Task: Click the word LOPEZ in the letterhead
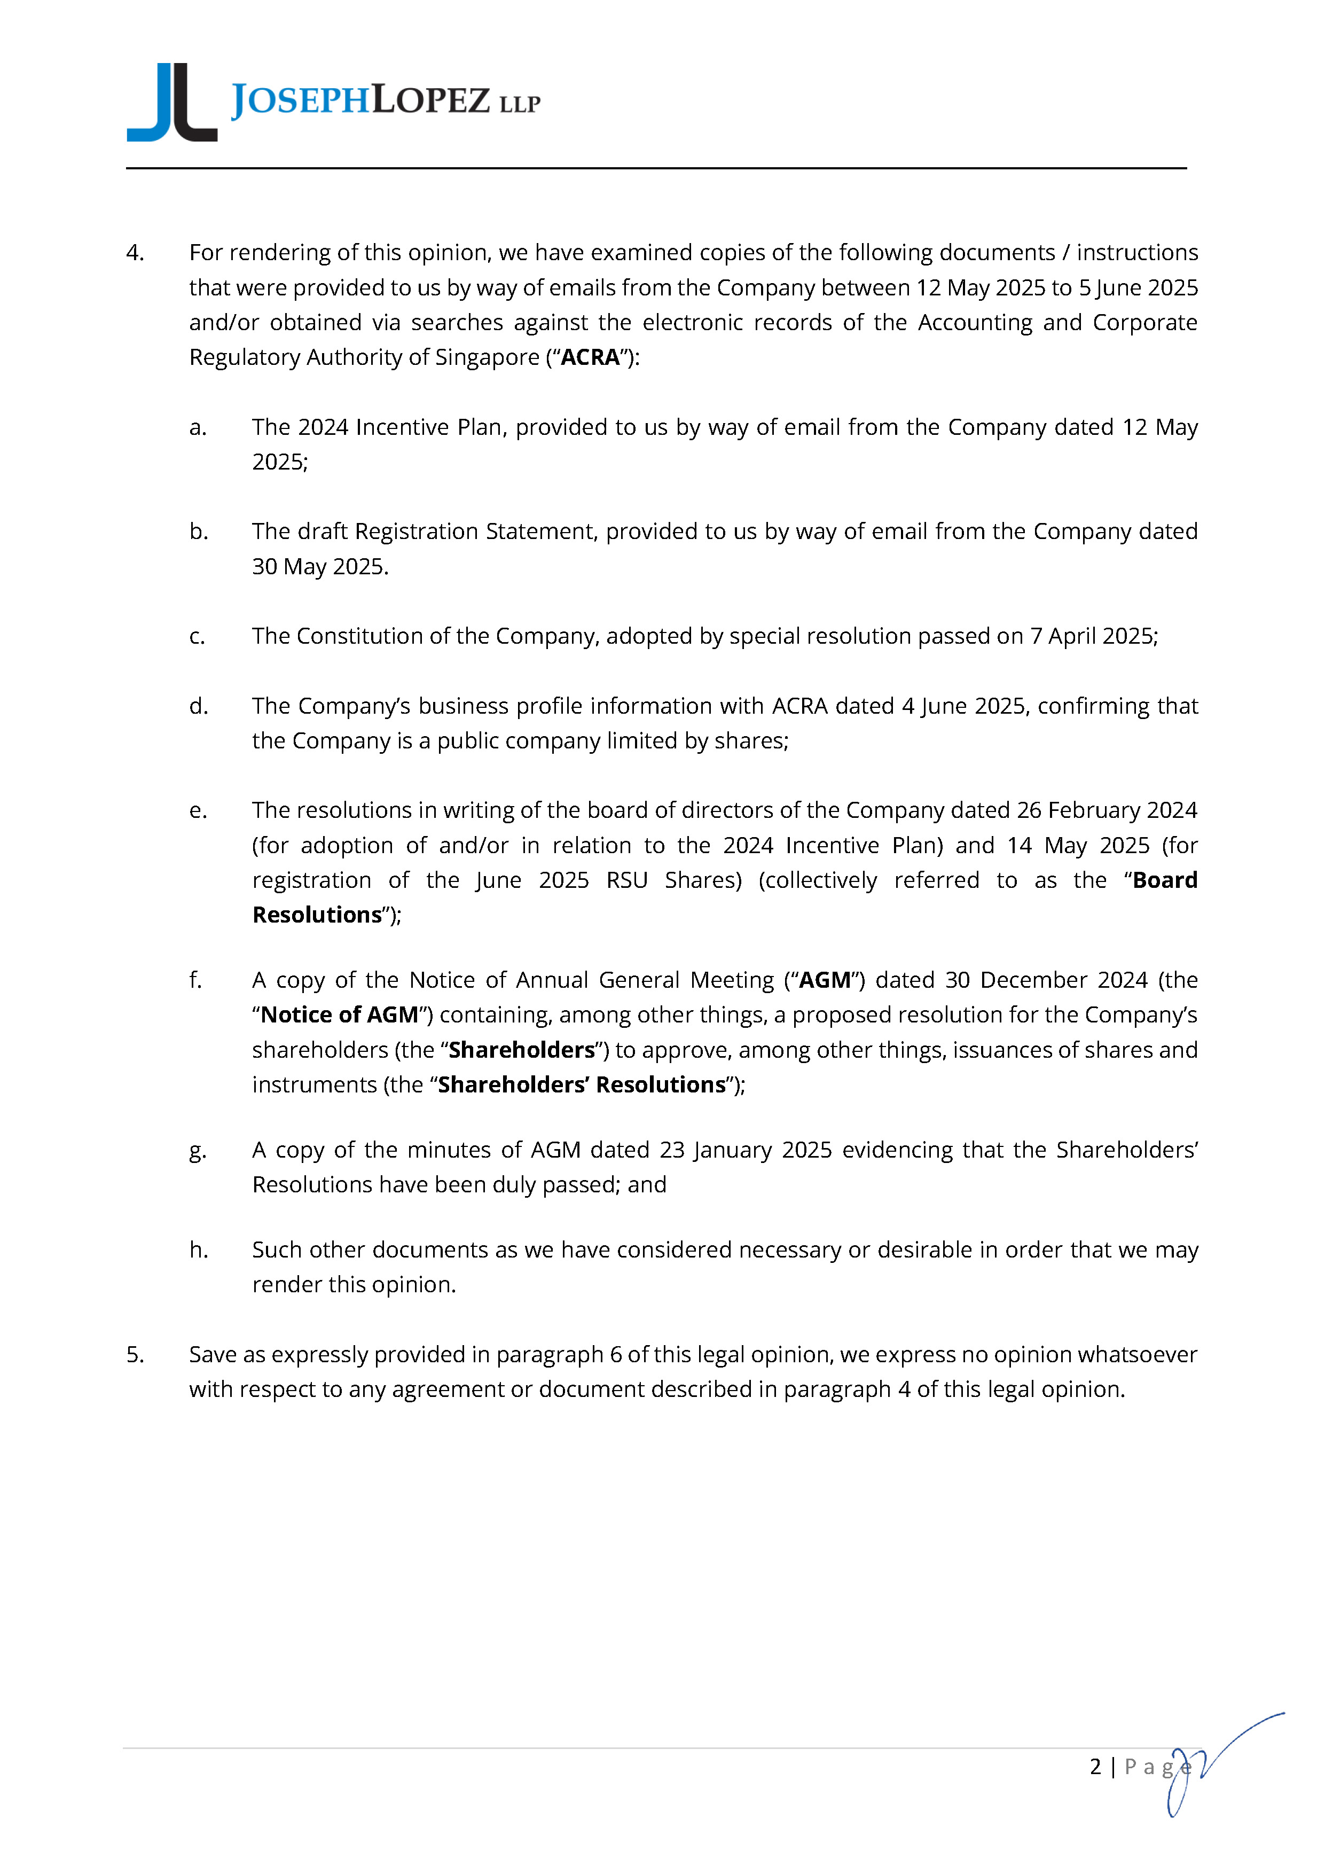[x=431, y=100]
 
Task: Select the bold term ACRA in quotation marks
[x=590, y=357]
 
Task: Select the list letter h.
[x=198, y=1251]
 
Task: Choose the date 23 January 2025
[x=745, y=1150]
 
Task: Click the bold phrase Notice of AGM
[x=340, y=1016]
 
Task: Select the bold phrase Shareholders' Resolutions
[x=582, y=1086]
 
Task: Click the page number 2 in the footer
[x=1095, y=1767]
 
